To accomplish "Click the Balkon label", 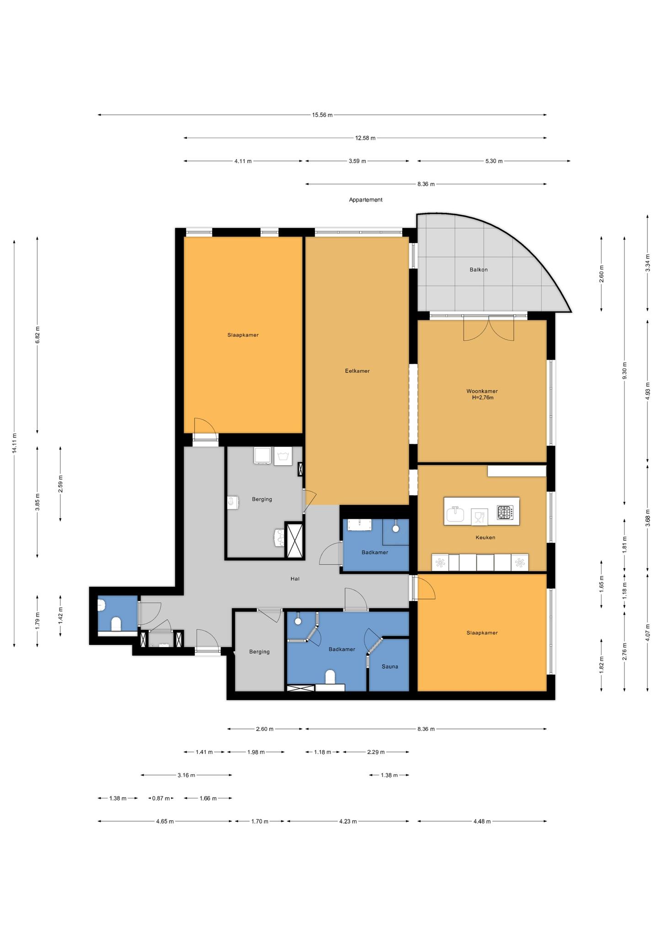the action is click(479, 270).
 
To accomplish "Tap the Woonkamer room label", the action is click(482, 391).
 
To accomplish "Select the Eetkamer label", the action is click(357, 371).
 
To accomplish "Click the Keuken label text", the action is click(485, 537).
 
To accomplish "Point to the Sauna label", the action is click(390, 666).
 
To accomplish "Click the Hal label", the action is click(295, 579).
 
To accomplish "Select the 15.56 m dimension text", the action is click(322, 115).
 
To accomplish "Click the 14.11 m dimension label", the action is click(15, 443).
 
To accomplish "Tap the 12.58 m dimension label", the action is click(365, 138).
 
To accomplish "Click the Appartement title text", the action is click(365, 200).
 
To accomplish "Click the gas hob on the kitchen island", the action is click(505, 512).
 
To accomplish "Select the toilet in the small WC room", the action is click(116, 624).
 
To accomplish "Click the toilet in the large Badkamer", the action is click(330, 677).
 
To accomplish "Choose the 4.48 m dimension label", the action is click(482, 821).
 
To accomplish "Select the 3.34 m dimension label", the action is click(647, 263).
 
